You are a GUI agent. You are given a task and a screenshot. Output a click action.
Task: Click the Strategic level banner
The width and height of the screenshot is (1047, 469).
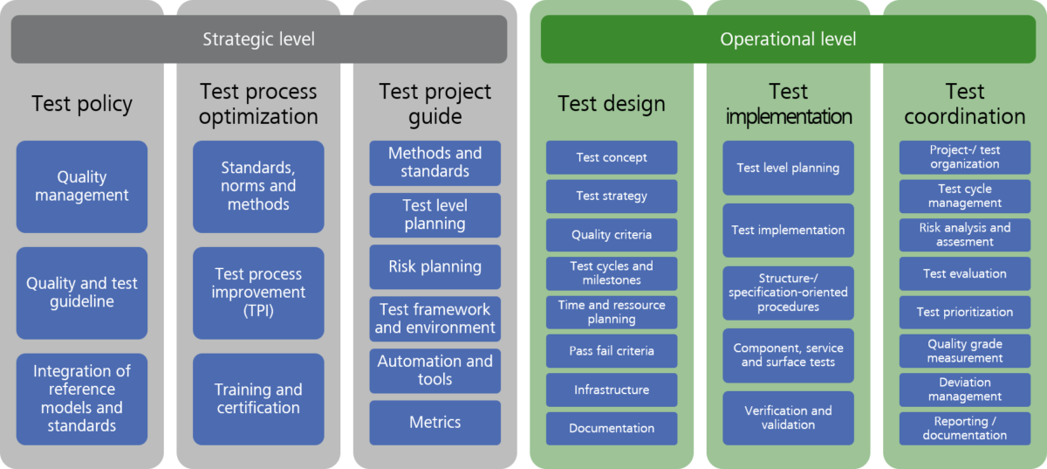click(258, 39)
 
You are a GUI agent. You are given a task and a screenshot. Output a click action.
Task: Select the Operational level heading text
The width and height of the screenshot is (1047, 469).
click(787, 39)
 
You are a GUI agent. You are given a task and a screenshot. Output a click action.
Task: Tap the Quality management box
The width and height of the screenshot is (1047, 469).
click(82, 186)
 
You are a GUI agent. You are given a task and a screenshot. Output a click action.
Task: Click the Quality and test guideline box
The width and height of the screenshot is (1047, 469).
click(82, 293)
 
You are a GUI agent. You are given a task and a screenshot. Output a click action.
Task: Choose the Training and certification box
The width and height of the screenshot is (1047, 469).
click(258, 398)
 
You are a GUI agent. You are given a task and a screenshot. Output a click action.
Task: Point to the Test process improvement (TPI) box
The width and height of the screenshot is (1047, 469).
click(258, 293)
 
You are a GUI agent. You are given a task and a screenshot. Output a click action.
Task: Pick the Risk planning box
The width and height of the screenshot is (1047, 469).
click(435, 266)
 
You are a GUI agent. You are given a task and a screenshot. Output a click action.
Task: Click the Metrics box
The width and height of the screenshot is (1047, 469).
click(435, 423)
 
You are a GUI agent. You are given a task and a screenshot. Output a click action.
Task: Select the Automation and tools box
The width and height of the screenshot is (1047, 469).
click(435, 370)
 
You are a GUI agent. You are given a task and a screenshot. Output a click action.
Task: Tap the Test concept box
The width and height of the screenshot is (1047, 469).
click(612, 158)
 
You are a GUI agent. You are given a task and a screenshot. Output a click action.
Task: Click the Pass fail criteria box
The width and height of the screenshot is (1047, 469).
click(612, 351)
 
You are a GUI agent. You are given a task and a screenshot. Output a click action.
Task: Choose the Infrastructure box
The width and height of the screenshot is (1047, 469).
click(612, 390)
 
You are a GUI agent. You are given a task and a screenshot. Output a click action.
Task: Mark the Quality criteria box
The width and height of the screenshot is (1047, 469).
click(612, 235)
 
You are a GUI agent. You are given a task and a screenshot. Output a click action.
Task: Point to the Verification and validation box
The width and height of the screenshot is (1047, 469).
click(788, 417)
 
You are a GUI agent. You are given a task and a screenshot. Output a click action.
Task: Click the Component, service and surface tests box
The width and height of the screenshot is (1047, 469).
click(788, 355)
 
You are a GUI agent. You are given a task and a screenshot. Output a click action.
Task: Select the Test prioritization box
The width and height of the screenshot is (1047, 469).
click(965, 312)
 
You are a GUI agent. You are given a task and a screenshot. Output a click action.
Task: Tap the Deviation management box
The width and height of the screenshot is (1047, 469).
click(965, 390)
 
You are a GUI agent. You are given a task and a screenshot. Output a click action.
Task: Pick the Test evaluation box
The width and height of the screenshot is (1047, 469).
click(965, 273)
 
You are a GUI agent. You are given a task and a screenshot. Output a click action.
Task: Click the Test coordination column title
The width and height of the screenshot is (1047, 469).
click(965, 104)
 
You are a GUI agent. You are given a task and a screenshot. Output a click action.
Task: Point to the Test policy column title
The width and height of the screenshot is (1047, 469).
click(82, 104)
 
